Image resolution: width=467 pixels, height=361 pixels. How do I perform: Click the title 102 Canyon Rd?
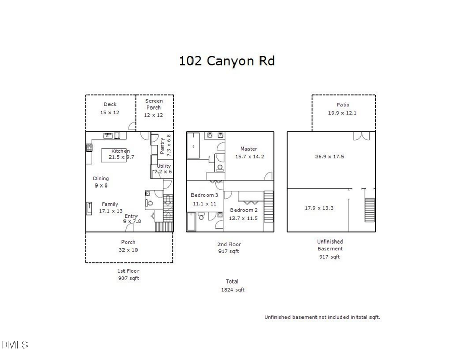click(x=227, y=61)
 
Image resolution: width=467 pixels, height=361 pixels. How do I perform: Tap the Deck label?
click(x=110, y=104)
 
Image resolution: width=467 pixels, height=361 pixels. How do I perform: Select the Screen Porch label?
click(x=154, y=104)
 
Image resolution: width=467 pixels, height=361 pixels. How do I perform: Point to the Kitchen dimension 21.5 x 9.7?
click(x=121, y=157)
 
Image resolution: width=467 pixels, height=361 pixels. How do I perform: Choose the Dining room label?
click(x=101, y=178)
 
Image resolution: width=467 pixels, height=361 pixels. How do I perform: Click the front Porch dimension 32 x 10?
click(x=128, y=249)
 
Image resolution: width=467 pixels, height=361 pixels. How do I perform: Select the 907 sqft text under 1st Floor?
click(x=128, y=278)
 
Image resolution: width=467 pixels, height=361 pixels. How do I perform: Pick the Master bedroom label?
click(x=249, y=149)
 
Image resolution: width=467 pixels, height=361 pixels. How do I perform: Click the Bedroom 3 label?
click(x=204, y=195)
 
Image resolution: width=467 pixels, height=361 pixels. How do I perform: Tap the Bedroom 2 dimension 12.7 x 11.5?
click(x=243, y=218)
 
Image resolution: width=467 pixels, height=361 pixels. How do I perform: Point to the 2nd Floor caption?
click(x=228, y=244)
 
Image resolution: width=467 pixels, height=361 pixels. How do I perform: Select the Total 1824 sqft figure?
click(x=232, y=290)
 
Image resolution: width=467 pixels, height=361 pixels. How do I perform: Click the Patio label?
click(x=343, y=105)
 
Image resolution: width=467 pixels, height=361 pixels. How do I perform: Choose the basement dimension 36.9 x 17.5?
click(x=329, y=156)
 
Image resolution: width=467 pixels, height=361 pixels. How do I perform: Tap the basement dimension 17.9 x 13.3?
click(x=319, y=208)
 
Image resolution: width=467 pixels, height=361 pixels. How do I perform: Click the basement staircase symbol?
click(x=370, y=210)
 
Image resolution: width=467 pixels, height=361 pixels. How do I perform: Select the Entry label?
click(x=130, y=216)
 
